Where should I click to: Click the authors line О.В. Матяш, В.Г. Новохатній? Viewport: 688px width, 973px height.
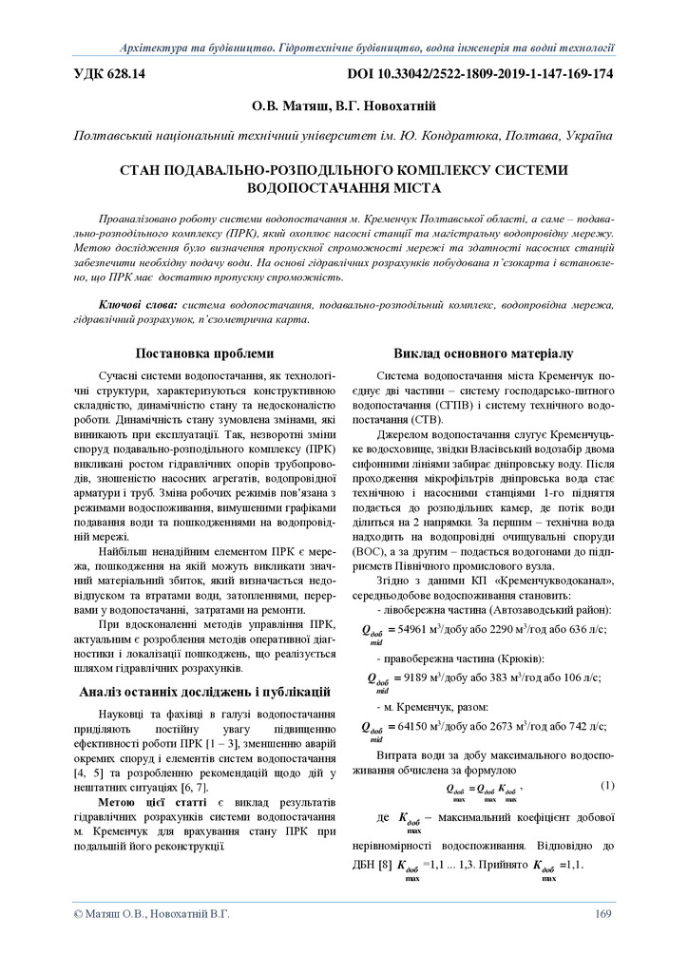tap(343, 106)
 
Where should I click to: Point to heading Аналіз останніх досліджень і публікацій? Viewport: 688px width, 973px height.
tap(204, 691)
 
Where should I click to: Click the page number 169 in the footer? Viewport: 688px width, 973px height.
tap(602, 914)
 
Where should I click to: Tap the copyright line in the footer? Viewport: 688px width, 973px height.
tap(151, 914)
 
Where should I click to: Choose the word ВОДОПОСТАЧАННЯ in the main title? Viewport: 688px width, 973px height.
tap(343, 187)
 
